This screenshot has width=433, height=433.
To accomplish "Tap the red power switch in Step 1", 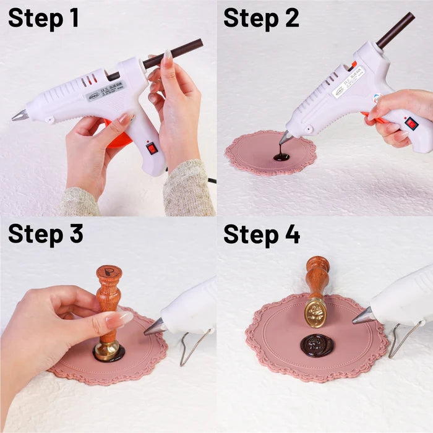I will click(x=151, y=148).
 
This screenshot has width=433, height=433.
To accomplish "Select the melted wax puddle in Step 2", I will click(x=281, y=156).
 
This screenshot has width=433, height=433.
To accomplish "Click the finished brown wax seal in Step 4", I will click(x=317, y=345).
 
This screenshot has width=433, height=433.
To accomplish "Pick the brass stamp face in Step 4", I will click(x=316, y=312).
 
